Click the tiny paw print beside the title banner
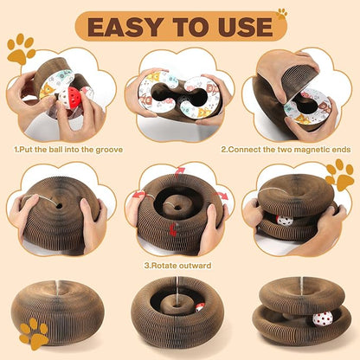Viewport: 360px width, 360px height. tap(281, 14)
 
